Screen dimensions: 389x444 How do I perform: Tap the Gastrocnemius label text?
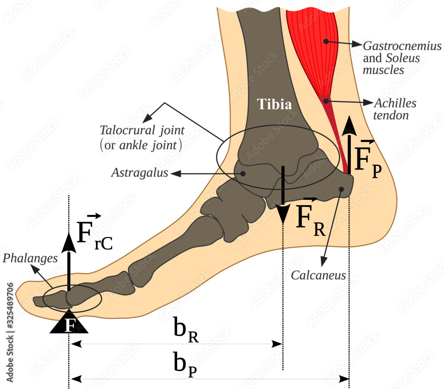[402, 46]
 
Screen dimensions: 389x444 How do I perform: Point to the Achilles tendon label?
[396, 103]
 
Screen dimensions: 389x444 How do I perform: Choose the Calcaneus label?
[318, 276]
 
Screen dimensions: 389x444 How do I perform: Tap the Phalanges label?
[30, 258]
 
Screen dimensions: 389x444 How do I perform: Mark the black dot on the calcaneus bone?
[341, 190]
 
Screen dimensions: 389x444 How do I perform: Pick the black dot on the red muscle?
[326, 41]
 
